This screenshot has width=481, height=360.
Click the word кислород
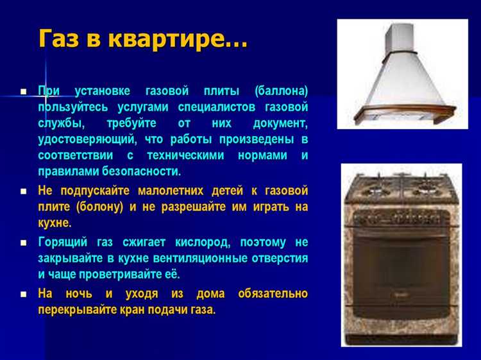coord(200,243)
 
